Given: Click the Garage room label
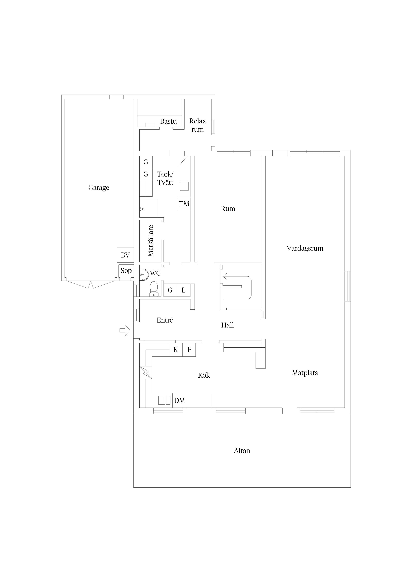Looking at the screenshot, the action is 99,188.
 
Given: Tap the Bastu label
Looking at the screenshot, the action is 168,121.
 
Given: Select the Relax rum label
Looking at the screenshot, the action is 198,125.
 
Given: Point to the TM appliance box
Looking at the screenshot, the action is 184,204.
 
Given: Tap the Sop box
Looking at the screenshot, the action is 126,271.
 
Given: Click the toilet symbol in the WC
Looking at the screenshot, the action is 154,289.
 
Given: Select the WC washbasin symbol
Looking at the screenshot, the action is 144,275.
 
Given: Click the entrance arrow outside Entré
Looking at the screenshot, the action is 125,330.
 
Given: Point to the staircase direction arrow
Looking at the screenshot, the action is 237,288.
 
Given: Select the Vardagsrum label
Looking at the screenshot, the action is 305,248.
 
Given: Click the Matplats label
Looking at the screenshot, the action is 305,373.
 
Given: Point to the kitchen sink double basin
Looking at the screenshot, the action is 164,400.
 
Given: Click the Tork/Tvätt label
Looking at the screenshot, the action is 165,178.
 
